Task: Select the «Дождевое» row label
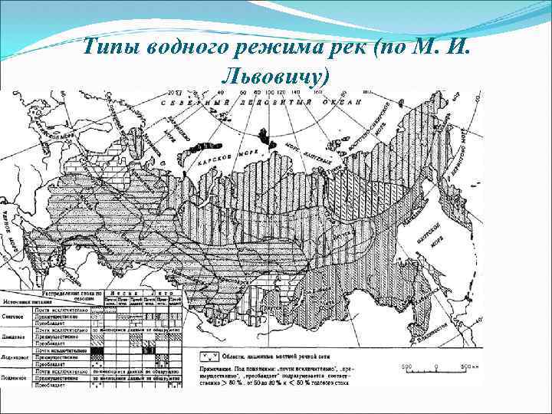tap(15, 337)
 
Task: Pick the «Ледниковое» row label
tap(16, 356)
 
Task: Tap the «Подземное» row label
tap(15, 376)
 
